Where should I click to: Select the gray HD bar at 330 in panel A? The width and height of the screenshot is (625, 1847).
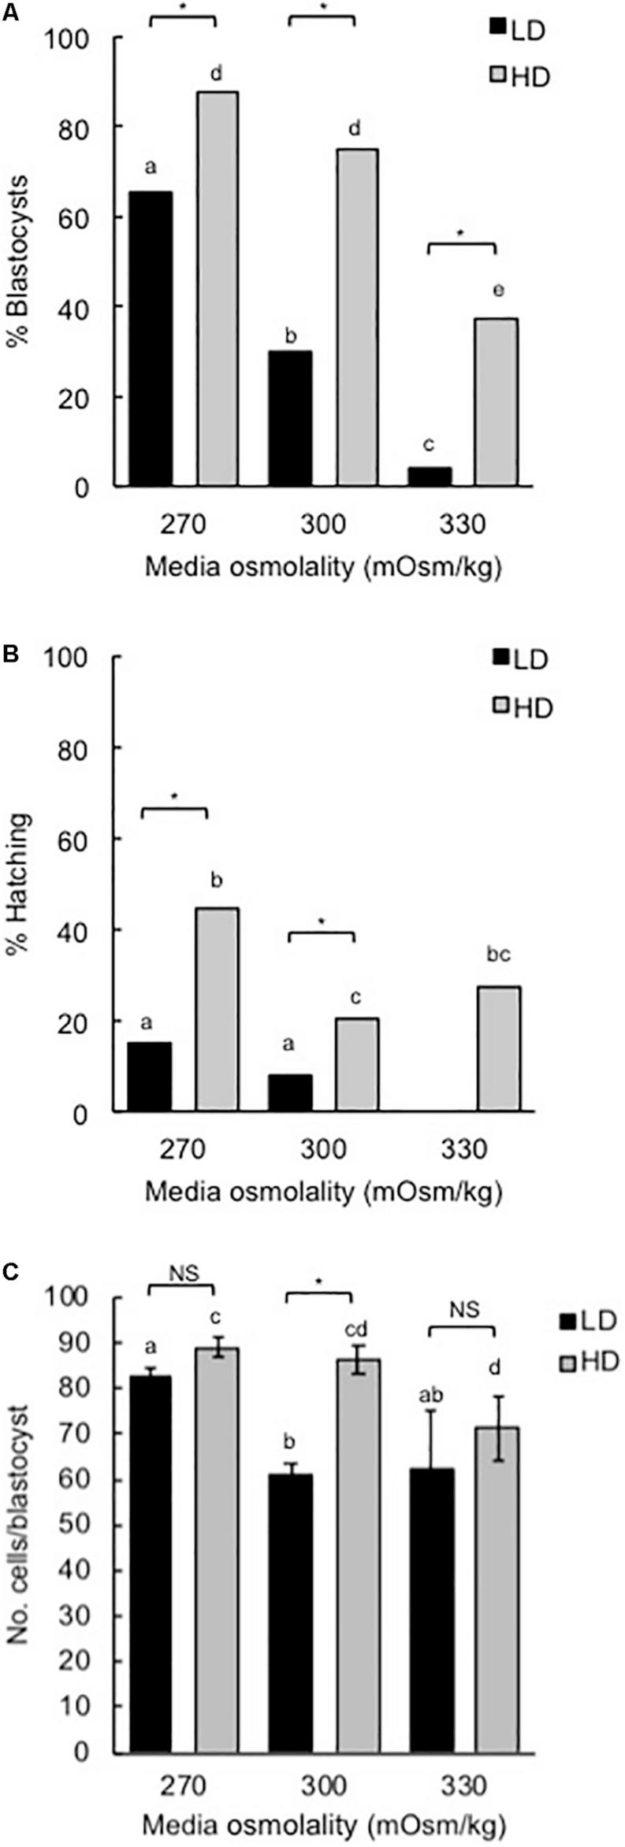[496, 402]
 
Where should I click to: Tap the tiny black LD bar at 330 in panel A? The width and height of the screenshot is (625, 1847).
[430, 477]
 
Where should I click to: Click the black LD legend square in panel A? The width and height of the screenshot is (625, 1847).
[497, 28]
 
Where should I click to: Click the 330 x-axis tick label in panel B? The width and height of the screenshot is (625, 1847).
[464, 1148]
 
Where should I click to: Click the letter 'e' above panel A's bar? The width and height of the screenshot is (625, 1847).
[498, 291]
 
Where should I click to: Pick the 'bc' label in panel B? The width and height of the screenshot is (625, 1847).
[498, 955]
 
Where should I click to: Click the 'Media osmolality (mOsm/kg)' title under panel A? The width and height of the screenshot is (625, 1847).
[323, 567]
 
